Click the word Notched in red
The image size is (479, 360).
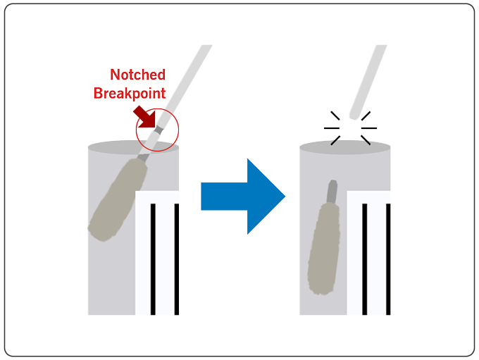(x=137, y=75)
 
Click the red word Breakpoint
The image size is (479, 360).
(x=130, y=92)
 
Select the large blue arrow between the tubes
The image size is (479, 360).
(x=242, y=196)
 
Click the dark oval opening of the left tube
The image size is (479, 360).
(x=133, y=147)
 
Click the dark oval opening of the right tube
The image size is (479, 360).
(x=344, y=147)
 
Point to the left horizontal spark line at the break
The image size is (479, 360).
(x=332, y=128)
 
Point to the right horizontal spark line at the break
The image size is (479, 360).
(x=369, y=128)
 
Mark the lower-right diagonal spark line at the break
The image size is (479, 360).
(x=366, y=140)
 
